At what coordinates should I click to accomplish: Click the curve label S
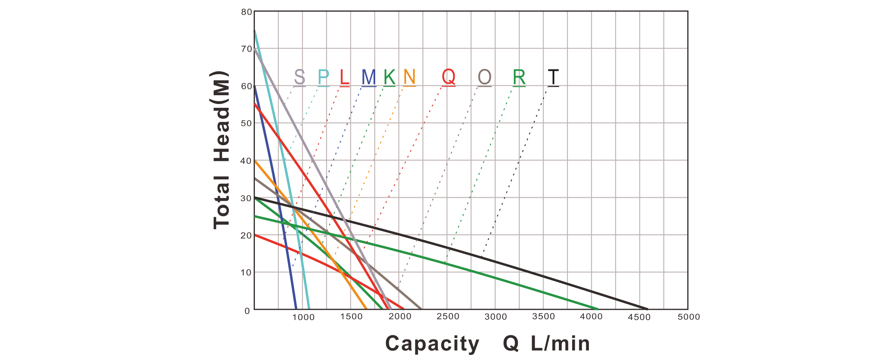point(300,77)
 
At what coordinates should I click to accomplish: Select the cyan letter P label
point(323,77)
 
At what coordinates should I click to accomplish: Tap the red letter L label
point(344,77)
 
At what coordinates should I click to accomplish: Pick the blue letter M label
point(369,77)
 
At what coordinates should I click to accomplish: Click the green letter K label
point(389,77)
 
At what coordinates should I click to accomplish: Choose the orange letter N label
point(409,77)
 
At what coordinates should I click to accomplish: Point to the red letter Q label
point(449,77)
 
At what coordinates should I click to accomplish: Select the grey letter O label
point(485,77)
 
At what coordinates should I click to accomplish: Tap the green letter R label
point(519,77)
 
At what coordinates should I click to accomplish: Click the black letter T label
point(553,77)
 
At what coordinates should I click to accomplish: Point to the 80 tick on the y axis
point(246,12)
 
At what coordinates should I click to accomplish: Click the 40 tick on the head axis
point(246,161)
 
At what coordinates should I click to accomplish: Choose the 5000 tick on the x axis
point(689,317)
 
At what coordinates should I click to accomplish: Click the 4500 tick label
point(641,317)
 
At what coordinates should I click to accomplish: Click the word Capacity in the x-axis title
point(432,344)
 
